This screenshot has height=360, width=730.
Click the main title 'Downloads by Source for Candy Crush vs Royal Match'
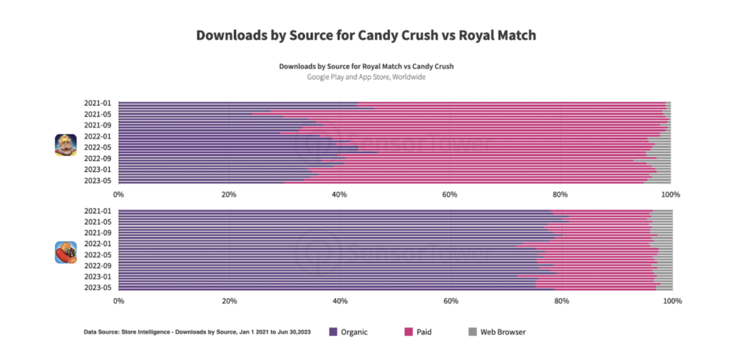[x=366, y=35]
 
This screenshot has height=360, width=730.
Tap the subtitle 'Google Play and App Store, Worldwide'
[x=366, y=77]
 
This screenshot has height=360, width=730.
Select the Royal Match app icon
[x=66, y=145]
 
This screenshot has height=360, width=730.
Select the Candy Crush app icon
[x=66, y=252]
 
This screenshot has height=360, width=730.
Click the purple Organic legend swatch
[x=333, y=331]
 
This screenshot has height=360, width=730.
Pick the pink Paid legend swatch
[x=409, y=331]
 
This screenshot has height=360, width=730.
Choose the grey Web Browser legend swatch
[x=471, y=331]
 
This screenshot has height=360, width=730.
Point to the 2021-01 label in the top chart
[x=98, y=104]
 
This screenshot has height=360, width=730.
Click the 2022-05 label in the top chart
[x=98, y=148]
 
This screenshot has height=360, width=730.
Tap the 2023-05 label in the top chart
[x=98, y=180]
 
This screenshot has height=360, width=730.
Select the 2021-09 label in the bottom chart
[x=98, y=233]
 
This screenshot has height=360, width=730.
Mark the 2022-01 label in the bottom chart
[x=98, y=244]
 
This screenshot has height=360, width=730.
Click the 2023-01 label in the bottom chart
[x=98, y=277]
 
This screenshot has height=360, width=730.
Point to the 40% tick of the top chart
[x=339, y=194]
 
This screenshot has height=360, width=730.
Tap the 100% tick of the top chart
[x=669, y=194]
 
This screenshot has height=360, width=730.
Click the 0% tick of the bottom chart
[x=118, y=302]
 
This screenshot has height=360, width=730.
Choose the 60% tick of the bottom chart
[x=450, y=302]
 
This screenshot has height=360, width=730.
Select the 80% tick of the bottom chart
[x=560, y=302]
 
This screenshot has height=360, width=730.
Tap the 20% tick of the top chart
[x=228, y=194]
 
